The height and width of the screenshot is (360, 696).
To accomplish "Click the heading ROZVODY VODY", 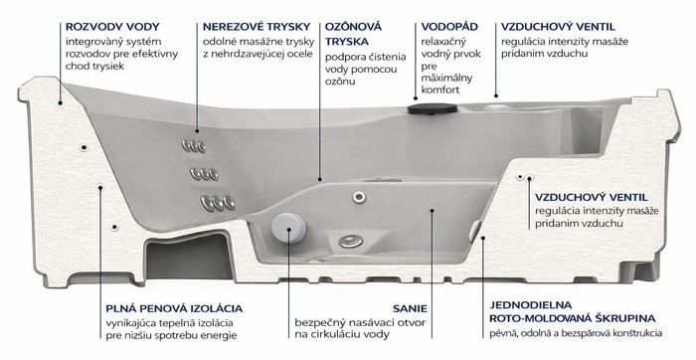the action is (112, 27).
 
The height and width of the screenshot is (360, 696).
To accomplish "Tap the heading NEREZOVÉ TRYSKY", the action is (257, 27).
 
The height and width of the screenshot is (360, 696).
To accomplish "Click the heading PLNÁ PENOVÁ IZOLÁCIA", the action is (174, 308).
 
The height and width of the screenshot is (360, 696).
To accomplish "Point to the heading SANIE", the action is (410, 308).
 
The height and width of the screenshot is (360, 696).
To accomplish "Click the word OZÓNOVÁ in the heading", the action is (353, 27).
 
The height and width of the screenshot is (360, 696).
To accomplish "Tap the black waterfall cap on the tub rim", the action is (433, 108).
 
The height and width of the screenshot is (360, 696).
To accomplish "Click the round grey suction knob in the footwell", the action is (289, 228).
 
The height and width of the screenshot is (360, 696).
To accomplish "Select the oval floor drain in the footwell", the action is (351, 242).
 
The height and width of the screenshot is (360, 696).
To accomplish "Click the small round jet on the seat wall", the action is (359, 197).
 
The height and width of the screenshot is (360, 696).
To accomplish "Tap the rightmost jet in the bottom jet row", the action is (229, 203).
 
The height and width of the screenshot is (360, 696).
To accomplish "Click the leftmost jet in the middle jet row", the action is (196, 174).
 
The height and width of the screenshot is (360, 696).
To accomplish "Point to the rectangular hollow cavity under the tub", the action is (189, 257).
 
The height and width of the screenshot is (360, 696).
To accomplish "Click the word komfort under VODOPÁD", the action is (440, 90).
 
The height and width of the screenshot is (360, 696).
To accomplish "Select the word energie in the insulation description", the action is (220, 335).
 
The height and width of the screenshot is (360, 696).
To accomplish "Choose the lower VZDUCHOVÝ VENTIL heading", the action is (592, 197).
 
